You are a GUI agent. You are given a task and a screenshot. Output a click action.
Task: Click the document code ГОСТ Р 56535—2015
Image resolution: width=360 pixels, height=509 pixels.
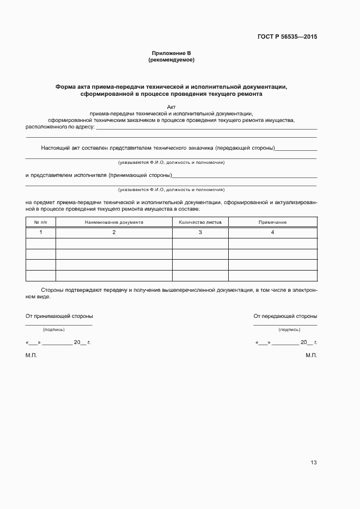tap(287, 37)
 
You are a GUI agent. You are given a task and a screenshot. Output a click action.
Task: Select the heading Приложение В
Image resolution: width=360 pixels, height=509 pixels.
tap(172, 53)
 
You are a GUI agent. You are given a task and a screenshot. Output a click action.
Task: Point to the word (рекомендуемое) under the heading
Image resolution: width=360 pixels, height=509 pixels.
tap(172, 60)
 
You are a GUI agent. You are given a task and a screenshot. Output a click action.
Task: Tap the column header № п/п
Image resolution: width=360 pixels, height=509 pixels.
tap(41, 222)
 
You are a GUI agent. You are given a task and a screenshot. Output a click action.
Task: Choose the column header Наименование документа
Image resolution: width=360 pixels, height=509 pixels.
tap(114, 222)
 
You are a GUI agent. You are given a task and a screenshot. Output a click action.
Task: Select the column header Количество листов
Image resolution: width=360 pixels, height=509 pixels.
tap(200, 222)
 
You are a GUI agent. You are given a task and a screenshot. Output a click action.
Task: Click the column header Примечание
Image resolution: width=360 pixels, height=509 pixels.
tap(272, 222)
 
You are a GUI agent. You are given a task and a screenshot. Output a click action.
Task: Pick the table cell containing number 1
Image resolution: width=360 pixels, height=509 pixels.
tap(41, 232)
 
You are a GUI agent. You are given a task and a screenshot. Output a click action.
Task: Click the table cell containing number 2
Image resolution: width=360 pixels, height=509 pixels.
tap(114, 232)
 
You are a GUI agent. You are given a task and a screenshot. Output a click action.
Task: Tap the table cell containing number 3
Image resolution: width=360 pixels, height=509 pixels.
tap(200, 232)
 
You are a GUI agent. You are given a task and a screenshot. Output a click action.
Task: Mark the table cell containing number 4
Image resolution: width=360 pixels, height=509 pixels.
tap(272, 232)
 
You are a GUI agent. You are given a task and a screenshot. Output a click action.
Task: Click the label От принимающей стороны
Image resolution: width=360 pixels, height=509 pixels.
tap(59, 316)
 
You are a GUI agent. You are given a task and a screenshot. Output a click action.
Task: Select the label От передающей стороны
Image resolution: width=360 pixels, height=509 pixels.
tap(285, 316)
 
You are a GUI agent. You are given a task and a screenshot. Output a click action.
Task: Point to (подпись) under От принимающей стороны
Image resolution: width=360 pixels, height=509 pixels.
tap(54, 329)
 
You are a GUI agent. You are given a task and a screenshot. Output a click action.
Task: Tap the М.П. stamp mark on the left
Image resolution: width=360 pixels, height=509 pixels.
tap(31, 355)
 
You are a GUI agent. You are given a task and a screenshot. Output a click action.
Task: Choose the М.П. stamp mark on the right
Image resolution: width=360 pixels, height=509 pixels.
tap(312, 355)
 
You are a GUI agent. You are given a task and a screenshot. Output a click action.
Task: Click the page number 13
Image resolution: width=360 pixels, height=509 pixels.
tap(313, 463)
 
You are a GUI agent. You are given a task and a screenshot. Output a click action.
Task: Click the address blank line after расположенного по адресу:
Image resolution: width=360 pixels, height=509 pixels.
tap(206, 128)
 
